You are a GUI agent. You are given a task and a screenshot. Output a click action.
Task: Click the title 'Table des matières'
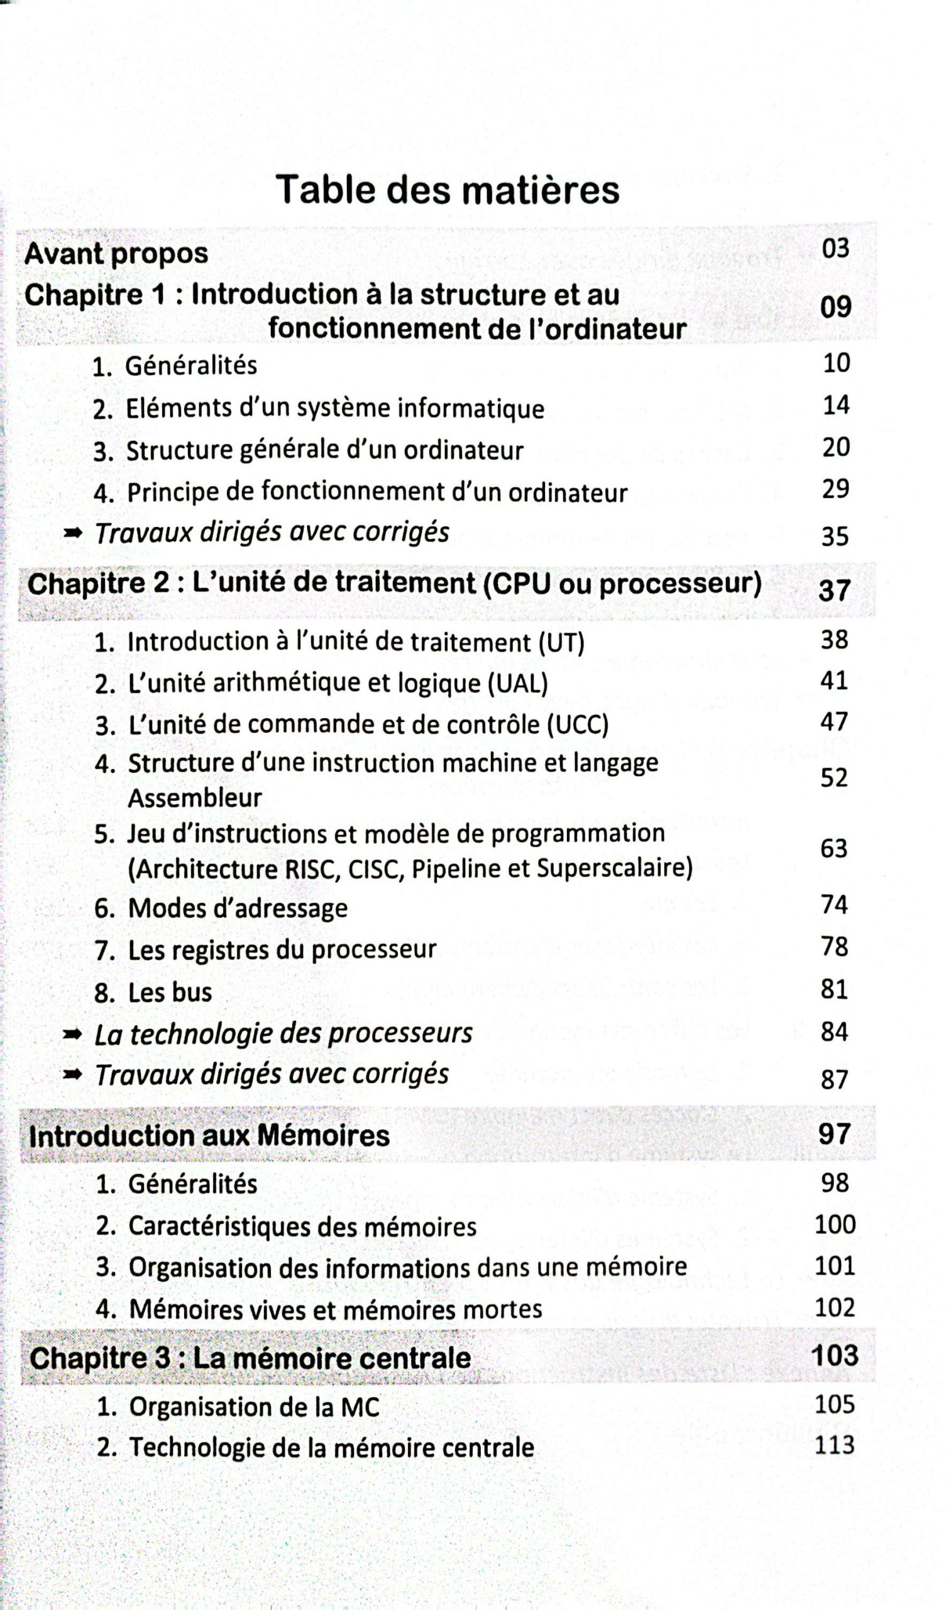click(447, 190)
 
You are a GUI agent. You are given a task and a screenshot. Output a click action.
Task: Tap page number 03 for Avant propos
click(835, 248)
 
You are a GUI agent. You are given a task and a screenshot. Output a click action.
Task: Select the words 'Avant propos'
click(116, 253)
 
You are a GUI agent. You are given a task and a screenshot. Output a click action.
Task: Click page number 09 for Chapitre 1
click(835, 308)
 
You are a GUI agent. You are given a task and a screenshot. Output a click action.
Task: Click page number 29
click(835, 489)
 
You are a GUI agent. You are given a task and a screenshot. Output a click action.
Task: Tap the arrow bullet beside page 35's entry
click(74, 532)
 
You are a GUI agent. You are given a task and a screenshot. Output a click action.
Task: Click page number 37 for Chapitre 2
click(834, 591)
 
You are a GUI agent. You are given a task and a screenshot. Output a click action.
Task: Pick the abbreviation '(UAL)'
click(518, 683)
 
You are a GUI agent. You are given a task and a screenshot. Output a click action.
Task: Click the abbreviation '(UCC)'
click(578, 724)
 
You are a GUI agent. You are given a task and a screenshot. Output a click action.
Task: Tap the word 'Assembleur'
click(195, 798)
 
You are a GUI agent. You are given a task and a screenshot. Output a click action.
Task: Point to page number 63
click(833, 848)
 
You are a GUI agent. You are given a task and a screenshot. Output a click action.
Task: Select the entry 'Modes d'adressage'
click(238, 908)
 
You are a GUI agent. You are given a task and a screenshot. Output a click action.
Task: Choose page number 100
click(835, 1224)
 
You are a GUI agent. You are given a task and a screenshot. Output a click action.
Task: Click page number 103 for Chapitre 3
click(834, 1356)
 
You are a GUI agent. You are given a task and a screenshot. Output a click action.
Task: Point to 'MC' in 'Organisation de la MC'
click(360, 1407)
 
